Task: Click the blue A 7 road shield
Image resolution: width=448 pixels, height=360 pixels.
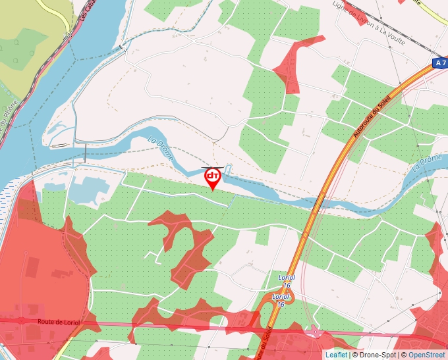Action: pos(440,63)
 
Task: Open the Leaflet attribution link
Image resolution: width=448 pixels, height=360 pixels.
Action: pos(336,355)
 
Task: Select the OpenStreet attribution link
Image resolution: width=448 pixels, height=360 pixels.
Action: pos(428,355)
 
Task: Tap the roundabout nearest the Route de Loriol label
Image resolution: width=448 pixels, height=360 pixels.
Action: pos(21,321)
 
